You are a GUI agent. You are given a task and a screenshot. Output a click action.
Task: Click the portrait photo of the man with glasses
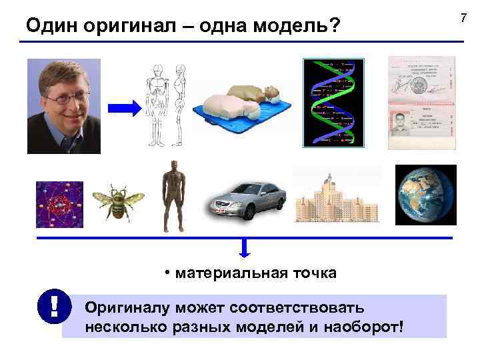pyautogui.click(x=64, y=106)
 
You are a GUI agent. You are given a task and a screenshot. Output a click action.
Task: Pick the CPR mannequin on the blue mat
pyautogui.click(x=243, y=107)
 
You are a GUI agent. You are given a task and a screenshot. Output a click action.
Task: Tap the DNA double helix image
pyautogui.click(x=334, y=103)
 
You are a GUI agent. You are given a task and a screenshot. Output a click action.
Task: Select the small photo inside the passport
pyautogui.click(x=400, y=125)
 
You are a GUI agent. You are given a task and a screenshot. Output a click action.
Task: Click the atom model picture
pyautogui.click(x=59, y=205)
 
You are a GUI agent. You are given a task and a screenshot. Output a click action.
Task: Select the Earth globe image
pyautogui.click(x=425, y=195)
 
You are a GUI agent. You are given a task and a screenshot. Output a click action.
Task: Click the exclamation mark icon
pyautogui.click(x=52, y=306)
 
